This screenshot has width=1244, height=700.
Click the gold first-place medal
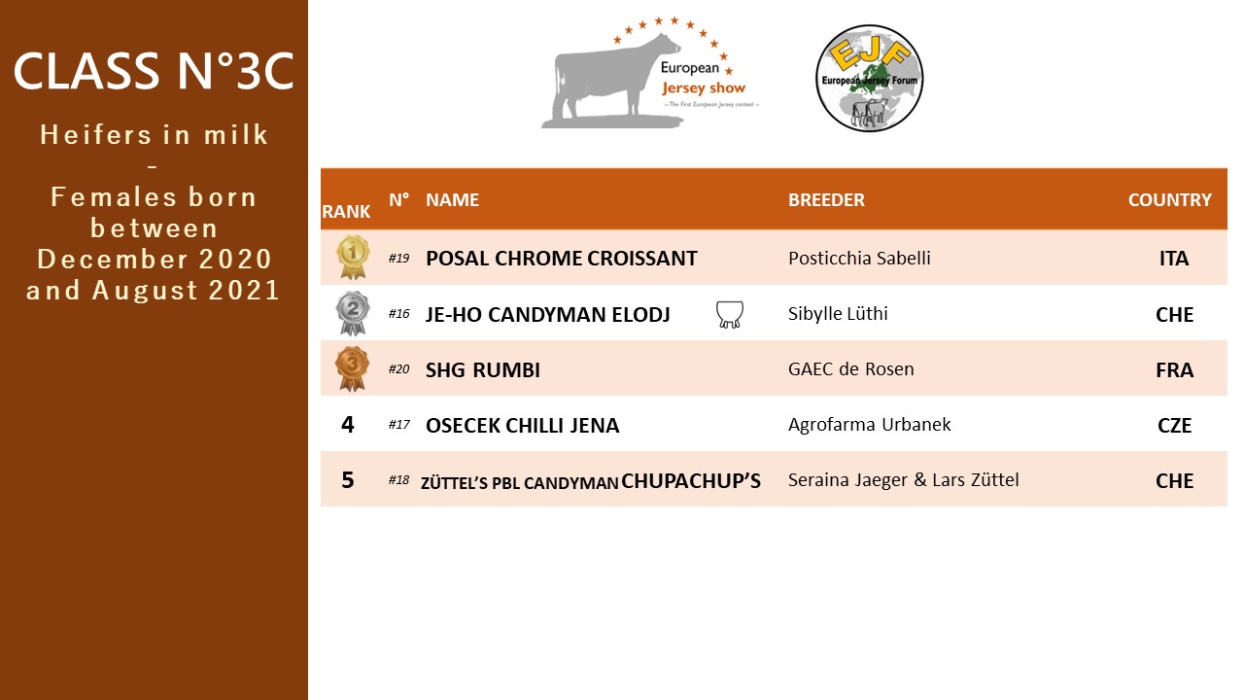click(x=353, y=257)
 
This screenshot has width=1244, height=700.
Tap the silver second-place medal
click(x=353, y=313)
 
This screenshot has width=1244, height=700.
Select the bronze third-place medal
click(x=352, y=368)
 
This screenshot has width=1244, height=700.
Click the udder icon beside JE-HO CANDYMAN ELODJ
click(x=729, y=314)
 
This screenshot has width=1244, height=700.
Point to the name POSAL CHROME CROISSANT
click(x=561, y=259)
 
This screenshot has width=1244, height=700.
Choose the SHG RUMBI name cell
click(x=483, y=370)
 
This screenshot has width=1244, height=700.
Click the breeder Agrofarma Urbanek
click(x=869, y=425)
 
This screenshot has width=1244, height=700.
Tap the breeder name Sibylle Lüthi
click(x=838, y=313)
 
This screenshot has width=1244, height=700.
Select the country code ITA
click(x=1173, y=259)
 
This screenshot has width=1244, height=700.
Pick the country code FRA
click(x=1174, y=370)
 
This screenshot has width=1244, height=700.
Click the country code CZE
click(x=1174, y=426)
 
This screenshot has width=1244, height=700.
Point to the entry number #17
click(x=398, y=425)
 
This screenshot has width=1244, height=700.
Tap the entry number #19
click(x=398, y=259)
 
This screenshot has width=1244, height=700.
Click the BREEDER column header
click(x=826, y=200)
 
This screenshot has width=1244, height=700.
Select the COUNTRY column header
click(x=1169, y=200)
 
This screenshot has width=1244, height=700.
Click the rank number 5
click(x=348, y=480)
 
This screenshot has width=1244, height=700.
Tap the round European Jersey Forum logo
click(x=869, y=78)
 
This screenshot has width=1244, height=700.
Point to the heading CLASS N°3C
click(x=154, y=71)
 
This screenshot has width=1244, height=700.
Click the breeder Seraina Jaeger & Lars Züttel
click(x=903, y=480)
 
